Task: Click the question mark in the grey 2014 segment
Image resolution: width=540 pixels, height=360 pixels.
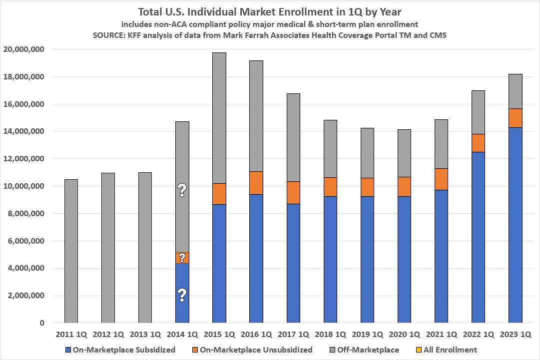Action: tap(182, 190)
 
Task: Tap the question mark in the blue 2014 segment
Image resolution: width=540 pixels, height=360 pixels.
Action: tap(182, 295)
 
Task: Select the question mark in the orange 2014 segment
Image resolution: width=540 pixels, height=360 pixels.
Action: tap(182, 258)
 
